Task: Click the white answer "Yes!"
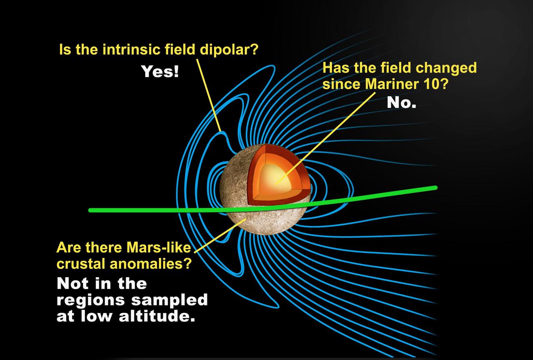pyautogui.click(x=160, y=72)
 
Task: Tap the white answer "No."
pyautogui.click(x=401, y=102)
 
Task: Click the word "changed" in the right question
pyautogui.click(x=451, y=67)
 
